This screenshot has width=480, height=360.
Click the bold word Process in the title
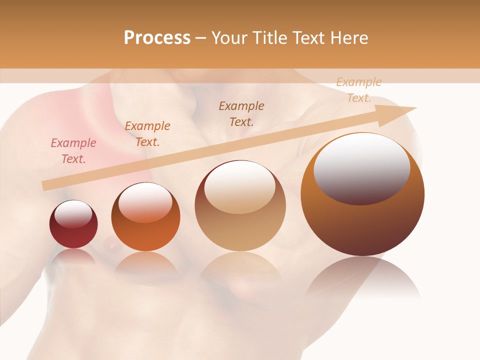157,37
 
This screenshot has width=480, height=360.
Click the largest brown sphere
362,225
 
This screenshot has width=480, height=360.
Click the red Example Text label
73,151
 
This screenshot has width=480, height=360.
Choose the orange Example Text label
147,134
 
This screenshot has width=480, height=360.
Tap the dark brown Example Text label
241,113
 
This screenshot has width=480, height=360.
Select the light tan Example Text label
359,90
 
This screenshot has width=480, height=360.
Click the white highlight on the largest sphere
361,167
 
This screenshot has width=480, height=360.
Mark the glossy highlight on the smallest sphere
73,214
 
